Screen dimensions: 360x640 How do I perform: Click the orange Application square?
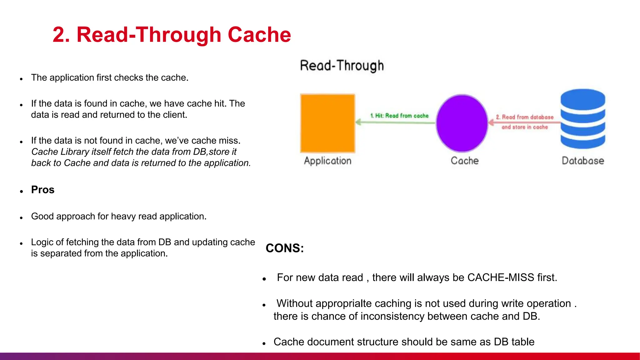coord(327,123)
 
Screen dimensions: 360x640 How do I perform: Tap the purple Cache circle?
coord(462,123)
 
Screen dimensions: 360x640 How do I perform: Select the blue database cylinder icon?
coord(582,119)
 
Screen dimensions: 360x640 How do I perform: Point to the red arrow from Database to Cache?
coord(525,122)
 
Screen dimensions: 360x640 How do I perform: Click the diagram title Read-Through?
coord(342,66)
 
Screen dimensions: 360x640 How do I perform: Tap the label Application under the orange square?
coord(327,161)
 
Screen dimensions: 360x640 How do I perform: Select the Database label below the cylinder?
coord(582,161)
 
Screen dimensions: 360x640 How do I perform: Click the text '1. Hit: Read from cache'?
coord(399,116)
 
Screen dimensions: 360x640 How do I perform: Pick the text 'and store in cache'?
coord(524,127)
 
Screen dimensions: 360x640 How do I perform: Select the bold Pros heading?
coord(43,190)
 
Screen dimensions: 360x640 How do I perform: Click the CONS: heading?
coord(284,248)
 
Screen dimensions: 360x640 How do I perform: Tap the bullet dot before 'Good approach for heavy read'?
coord(21,218)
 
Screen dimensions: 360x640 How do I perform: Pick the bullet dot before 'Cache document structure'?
coord(264,343)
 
